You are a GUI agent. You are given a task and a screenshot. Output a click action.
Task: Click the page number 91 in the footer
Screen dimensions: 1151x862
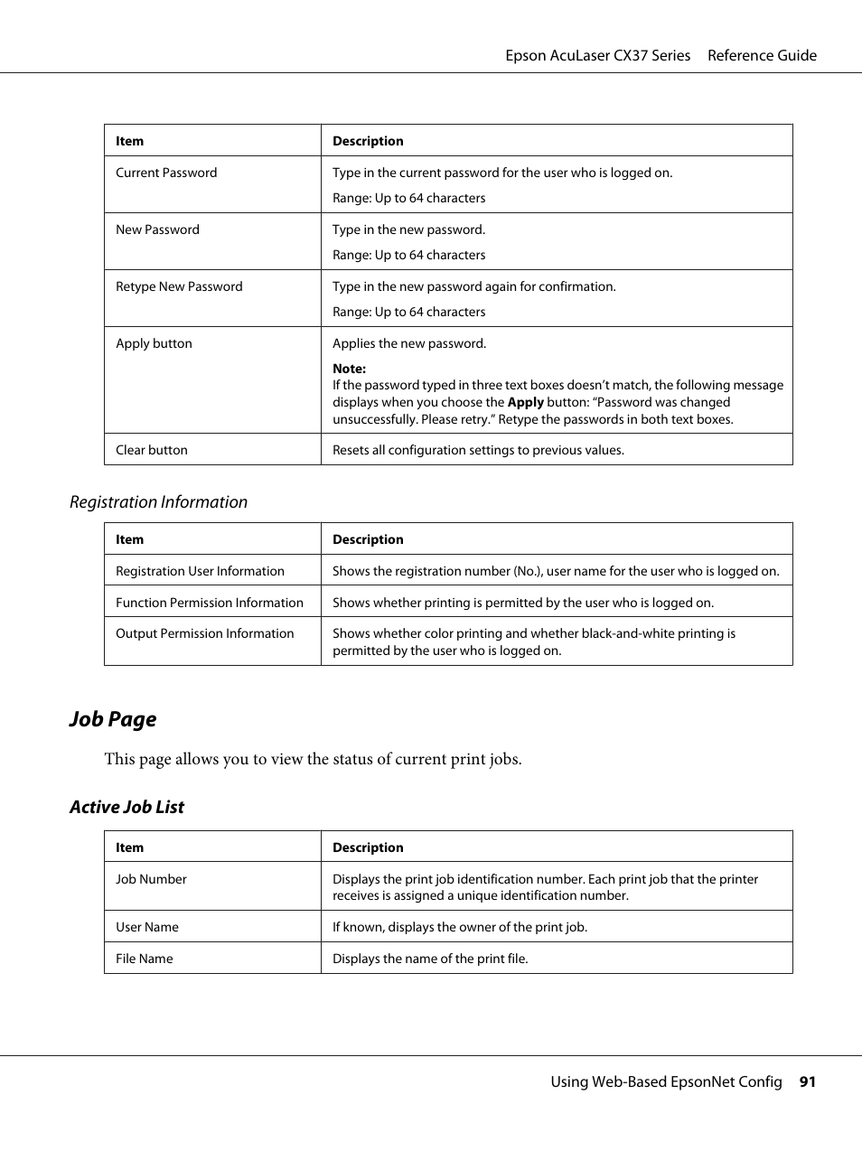[x=807, y=1081]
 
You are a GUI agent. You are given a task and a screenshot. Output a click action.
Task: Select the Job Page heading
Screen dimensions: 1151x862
[x=113, y=719]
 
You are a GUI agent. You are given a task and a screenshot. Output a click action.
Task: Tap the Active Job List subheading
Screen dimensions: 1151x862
[x=126, y=808]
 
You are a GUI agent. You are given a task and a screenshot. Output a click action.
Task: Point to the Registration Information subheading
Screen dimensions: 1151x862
[x=158, y=502]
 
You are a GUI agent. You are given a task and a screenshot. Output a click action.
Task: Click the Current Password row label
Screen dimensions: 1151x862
[x=166, y=173]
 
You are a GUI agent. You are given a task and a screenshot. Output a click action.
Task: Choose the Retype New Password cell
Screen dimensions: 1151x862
[x=179, y=286]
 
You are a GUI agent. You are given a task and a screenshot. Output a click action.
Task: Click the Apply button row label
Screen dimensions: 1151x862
[x=154, y=343]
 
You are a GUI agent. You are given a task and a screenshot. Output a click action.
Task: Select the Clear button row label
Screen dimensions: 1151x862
[x=152, y=450]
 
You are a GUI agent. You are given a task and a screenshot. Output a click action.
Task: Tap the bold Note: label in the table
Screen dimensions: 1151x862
[x=349, y=369]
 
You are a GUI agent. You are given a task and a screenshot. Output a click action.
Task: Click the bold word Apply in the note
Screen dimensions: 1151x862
[x=525, y=402]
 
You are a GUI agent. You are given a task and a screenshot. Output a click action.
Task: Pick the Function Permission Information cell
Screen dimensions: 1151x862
[x=210, y=603]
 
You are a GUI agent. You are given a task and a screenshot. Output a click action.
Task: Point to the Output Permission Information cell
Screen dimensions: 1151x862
[x=205, y=633]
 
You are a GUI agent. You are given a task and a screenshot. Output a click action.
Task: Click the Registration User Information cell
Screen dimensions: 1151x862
[x=200, y=571]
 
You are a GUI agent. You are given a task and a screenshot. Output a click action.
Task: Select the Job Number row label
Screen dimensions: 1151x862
[x=151, y=879]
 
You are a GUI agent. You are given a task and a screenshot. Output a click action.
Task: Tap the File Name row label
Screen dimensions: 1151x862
[x=145, y=959]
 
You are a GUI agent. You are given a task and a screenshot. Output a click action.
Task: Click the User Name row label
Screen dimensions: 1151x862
[x=147, y=927]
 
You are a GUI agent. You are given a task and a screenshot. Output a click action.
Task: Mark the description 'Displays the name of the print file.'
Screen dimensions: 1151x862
[x=430, y=959]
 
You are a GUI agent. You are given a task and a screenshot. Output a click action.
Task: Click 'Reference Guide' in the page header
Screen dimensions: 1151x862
[x=762, y=55]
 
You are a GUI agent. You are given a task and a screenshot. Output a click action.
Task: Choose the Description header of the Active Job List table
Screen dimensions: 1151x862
[x=368, y=847]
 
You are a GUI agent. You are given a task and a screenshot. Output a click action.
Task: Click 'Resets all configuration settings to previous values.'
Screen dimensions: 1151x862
[x=478, y=450]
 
